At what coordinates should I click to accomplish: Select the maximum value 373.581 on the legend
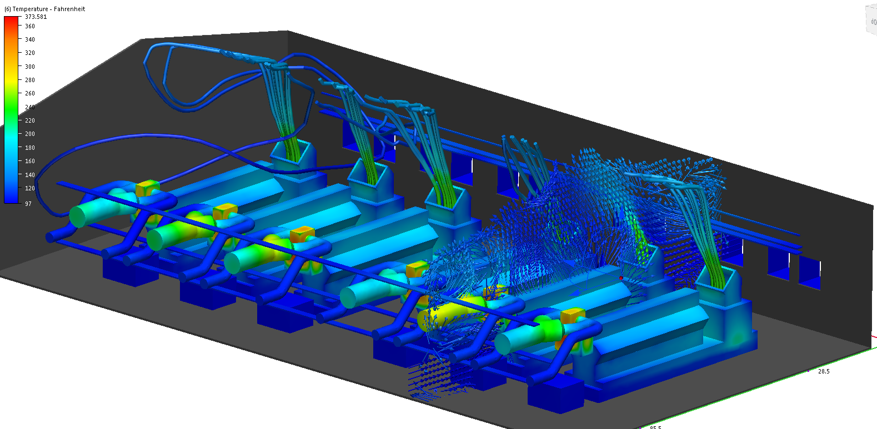36,17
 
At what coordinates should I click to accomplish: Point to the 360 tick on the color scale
29,26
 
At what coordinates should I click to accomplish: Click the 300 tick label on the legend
29,67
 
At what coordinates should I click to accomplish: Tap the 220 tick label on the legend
29,120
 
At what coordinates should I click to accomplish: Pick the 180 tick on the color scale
29,148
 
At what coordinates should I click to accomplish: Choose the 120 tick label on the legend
29,188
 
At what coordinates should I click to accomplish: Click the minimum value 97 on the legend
28,204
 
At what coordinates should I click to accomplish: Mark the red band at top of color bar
11,20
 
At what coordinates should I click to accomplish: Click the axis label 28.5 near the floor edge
824,371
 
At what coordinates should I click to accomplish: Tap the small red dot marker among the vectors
621,277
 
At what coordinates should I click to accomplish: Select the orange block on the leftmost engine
147,188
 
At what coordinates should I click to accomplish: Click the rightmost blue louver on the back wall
809,273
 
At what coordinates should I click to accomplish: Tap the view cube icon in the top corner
871,21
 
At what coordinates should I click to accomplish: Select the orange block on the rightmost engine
573,316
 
